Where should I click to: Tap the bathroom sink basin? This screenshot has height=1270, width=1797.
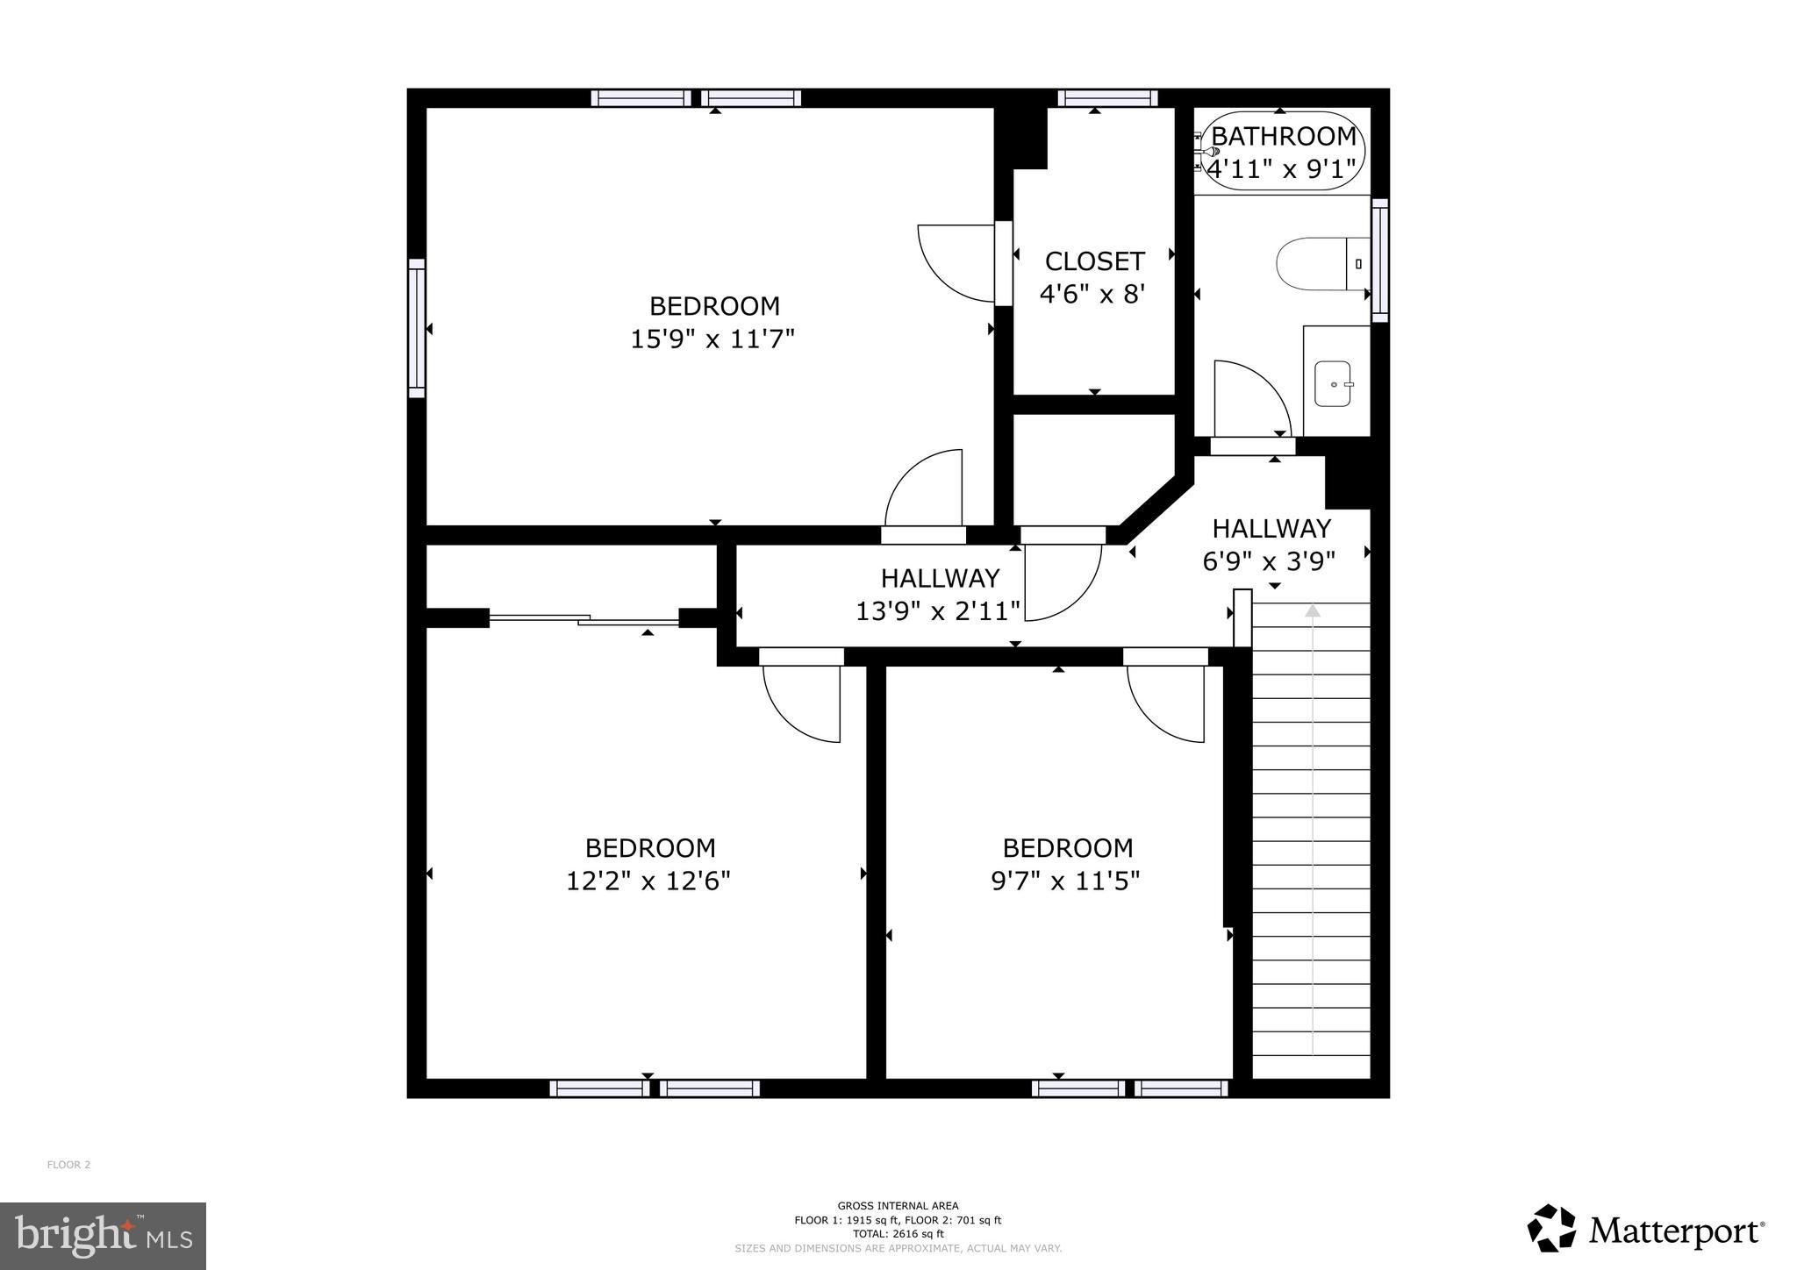(x=1335, y=384)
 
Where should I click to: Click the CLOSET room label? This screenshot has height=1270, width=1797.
(x=1094, y=261)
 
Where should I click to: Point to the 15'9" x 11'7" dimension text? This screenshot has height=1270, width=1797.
(x=712, y=339)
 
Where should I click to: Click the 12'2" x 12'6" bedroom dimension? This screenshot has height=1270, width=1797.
(x=648, y=881)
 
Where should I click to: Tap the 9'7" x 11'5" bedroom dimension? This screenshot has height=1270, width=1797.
(x=1065, y=881)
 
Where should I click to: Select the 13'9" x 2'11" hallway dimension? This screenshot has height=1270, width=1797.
(x=938, y=610)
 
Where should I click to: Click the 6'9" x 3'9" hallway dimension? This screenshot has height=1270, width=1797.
(x=1269, y=560)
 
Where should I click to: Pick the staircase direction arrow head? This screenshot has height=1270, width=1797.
(x=1313, y=610)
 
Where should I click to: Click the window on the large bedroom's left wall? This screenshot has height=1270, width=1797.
(x=417, y=328)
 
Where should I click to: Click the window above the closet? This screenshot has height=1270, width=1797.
(x=1107, y=98)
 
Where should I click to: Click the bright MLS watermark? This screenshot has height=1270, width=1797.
(x=103, y=1236)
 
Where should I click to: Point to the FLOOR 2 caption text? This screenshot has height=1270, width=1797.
(x=68, y=1165)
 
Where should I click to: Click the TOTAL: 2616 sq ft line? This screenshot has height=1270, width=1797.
(x=898, y=1233)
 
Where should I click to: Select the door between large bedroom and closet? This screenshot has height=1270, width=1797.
(x=1003, y=263)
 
